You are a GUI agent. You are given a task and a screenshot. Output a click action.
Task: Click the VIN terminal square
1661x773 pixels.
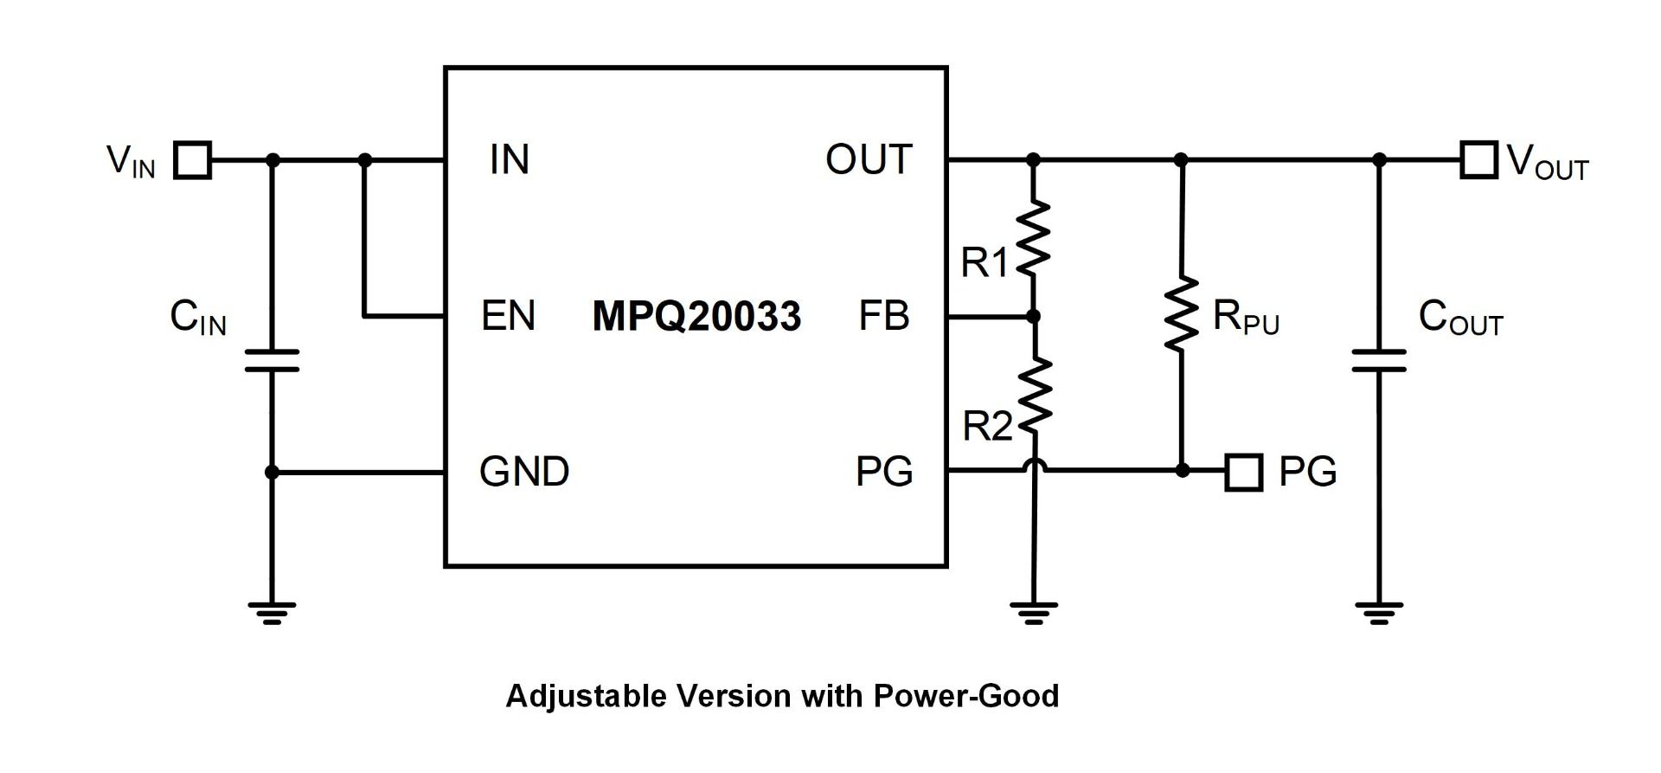coord(192,160)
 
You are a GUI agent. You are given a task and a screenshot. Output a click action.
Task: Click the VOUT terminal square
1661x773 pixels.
coord(1478,160)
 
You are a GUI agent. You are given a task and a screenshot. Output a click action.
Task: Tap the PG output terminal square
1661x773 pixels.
coord(1244,472)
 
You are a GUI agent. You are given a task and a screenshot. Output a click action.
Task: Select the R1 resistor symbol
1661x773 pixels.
coord(1034,239)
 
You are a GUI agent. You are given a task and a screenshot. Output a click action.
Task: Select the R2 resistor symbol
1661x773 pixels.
coord(1034,395)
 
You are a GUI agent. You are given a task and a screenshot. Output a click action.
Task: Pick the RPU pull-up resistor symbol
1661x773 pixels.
coord(1182,314)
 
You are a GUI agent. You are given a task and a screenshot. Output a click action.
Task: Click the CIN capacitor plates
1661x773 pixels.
coord(272,361)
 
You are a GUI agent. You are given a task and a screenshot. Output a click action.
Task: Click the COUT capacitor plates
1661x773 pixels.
coord(1379,361)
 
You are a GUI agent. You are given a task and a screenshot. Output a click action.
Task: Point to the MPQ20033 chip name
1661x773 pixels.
coord(696,316)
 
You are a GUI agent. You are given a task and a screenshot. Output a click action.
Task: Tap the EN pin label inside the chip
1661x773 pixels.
coord(509,316)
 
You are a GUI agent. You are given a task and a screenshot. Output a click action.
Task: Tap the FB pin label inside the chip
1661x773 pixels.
coord(884,316)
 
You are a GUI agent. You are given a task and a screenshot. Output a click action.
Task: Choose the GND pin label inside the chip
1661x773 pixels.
coord(524,472)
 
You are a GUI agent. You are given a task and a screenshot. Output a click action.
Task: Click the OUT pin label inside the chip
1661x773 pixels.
coord(869,160)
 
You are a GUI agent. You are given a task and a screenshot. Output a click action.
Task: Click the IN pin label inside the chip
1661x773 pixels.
coord(509,160)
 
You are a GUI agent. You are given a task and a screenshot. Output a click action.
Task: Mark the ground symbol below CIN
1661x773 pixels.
coord(272,613)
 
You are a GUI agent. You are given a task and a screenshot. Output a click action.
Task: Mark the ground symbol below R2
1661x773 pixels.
coord(1034,613)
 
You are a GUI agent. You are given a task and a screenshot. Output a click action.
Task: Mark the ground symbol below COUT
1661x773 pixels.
coord(1379,613)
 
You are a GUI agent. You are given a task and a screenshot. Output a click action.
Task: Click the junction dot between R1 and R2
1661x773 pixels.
coord(1034,317)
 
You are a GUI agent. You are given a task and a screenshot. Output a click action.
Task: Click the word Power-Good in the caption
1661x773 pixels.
coord(965,696)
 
